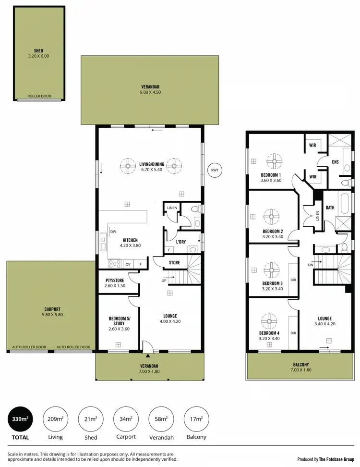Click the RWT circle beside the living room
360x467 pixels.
pyautogui.click(x=215, y=170)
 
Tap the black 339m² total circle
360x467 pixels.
pyautogui.click(x=19, y=419)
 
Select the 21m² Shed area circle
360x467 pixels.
pyautogui.click(x=90, y=419)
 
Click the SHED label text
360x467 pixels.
pyautogui.click(x=38, y=50)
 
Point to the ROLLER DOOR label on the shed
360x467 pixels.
pyautogui.click(x=39, y=96)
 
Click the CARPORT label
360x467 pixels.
pyautogui.click(x=52, y=309)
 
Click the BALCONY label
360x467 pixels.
pyautogui.click(x=301, y=365)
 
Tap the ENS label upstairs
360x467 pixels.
pyautogui.click(x=335, y=162)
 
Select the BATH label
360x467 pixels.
pyautogui.click(x=330, y=208)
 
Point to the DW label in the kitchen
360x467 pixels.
pyautogui.click(x=113, y=232)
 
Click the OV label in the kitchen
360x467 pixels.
pyautogui.click(x=128, y=264)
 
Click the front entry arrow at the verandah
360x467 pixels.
pyautogui.click(x=148, y=356)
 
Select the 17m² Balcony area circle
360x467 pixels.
pyautogui.click(x=196, y=419)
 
